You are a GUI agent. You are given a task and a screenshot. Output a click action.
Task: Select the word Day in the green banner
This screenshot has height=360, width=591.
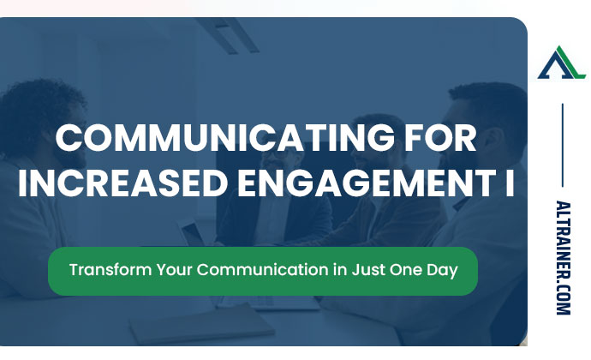tap(442, 269)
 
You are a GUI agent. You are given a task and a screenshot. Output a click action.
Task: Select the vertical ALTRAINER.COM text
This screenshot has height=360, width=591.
tap(562, 257)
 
